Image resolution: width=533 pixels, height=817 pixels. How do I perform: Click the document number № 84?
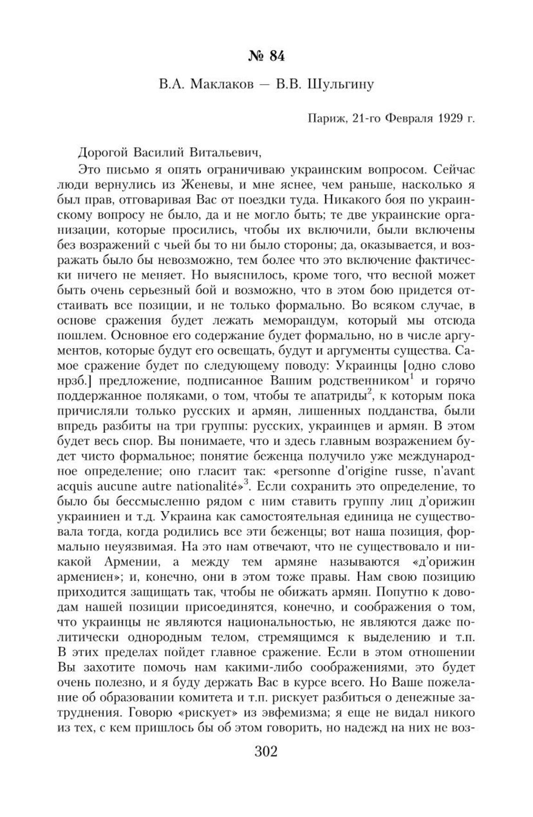[266, 56]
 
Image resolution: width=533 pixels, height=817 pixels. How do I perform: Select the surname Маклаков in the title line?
[214, 86]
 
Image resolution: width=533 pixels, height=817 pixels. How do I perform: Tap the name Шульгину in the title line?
[341, 86]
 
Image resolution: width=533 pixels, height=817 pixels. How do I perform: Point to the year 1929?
[450, 119]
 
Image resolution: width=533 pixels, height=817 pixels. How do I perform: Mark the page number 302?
[266, 751]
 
